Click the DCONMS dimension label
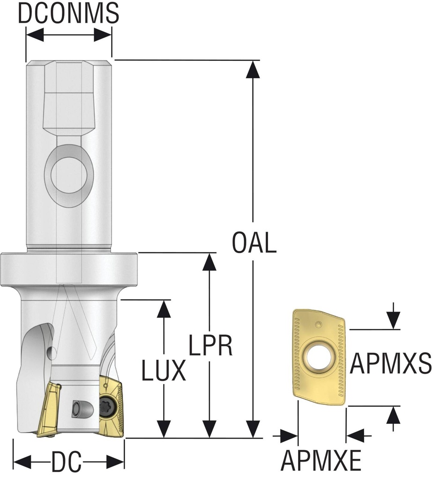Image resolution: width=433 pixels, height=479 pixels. [68, 14]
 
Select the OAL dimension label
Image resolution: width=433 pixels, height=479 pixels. [254, 243]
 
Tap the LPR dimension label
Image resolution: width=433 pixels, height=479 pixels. [211, 347]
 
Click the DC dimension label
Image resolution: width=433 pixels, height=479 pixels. [66, 464]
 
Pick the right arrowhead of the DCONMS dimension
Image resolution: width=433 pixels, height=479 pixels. [104, 35]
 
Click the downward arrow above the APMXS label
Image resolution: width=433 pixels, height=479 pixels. [394, 321]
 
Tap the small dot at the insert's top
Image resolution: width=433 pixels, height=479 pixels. [318, 324]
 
